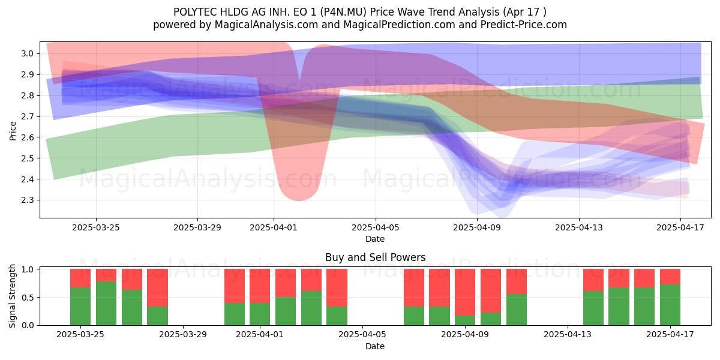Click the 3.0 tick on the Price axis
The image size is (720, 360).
point(28,53)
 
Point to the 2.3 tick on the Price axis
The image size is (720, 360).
point(28,200)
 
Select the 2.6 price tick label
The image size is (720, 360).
point(28,137)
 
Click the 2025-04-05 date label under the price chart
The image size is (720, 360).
point(376,227)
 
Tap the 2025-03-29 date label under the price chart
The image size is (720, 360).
point(197,227)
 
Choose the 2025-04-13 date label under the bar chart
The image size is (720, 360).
point(568,335)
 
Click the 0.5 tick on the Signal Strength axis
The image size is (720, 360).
point(28,298)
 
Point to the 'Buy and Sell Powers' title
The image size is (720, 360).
point(376,257)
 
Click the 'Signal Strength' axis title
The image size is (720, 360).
point(12,296)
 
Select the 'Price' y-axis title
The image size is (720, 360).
point(13,131)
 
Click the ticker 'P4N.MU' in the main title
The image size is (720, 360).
point(343,12)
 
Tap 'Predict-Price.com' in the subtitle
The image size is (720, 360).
point(524,25)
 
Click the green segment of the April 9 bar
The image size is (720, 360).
point(465,320)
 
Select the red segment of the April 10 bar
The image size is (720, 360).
point(491,290)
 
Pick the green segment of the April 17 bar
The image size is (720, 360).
point(670,305)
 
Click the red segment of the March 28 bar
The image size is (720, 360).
point(157,287)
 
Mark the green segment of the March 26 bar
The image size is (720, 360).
point(106,304)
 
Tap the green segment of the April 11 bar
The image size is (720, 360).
point(517,310)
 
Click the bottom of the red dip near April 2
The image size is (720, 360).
point(299,200)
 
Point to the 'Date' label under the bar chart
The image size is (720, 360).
point(375,346)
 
